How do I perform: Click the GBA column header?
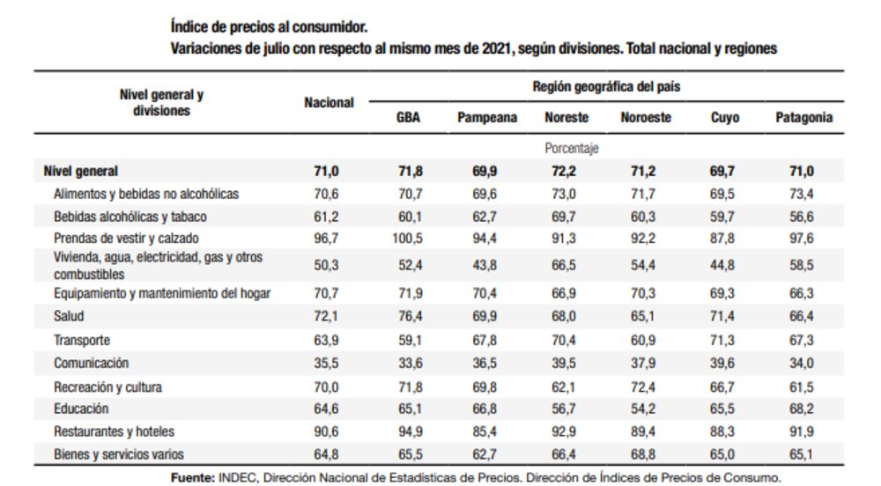coord(407,117)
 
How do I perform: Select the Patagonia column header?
coord(803,117)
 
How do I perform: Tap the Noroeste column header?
coord(646,117)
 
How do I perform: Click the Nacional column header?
coord(329,103)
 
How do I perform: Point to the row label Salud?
coord(69,315)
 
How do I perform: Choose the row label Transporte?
coord(82,339)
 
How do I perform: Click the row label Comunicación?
coord(91,363)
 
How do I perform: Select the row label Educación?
coord(81,409)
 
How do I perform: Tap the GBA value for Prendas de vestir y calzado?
coord(407,238)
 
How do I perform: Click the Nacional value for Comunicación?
coord(329,363)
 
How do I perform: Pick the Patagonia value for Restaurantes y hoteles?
coord(803,431)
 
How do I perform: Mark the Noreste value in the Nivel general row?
coord(566,172)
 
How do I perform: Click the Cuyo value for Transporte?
coord(724,339)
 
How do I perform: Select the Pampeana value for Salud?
coord(486,315)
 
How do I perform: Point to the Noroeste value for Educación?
coord(646,409)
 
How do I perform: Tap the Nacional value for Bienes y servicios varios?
coord(329,454)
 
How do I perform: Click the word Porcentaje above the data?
coord(571,149)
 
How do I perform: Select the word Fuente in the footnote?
coord(192,477)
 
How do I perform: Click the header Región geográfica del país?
coord(606,87)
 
